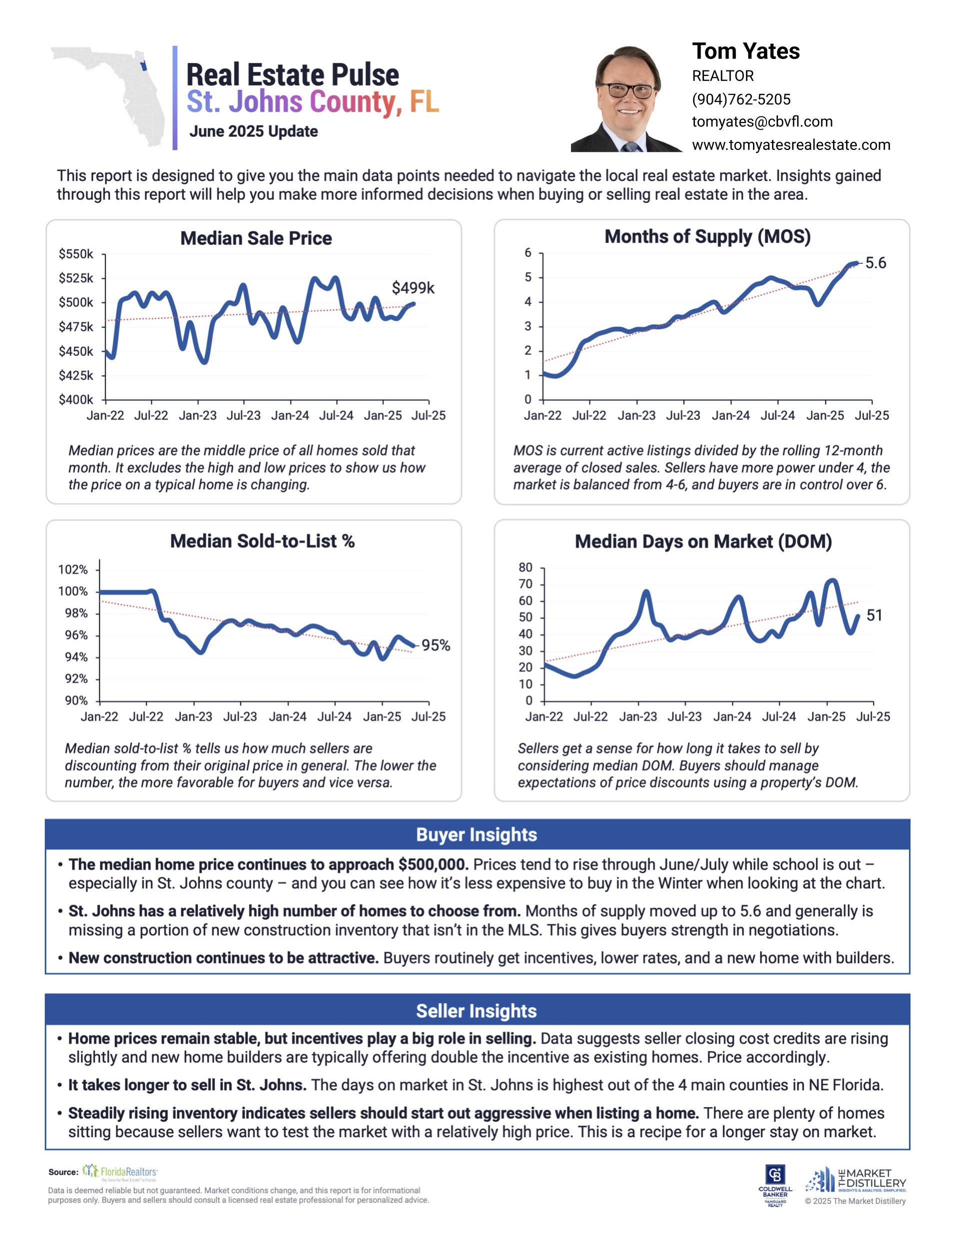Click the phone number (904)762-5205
click(740, 99)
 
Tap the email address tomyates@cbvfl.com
click(761, 122)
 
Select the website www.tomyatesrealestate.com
click(790, 145)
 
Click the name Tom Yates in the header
click(745, 51)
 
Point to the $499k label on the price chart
click(412, 288)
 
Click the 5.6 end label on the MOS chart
click(875, 263)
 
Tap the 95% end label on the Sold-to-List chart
click(435, 645)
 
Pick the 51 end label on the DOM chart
click(874, 615)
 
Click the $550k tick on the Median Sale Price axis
click(76, 254)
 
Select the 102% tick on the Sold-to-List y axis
click(72, 569)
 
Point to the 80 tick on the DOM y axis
click(525, 568)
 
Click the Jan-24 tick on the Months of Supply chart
click(730, 416)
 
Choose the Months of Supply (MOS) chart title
click(707, 236)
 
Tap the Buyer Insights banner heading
click(476, 834)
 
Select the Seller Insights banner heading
click(476, 1011)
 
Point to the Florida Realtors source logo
click(120, 1172)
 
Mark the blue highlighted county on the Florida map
click(143, 66)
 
